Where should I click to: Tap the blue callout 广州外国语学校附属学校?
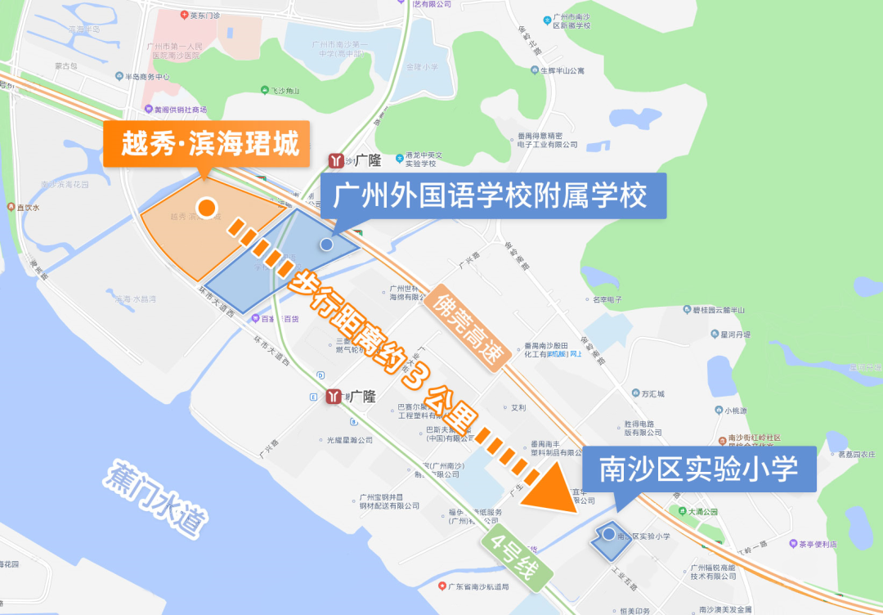click(x=493, y=196)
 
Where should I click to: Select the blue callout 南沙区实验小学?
click(x=698, y=469)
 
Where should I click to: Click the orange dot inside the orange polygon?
click(x=208, y=209)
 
